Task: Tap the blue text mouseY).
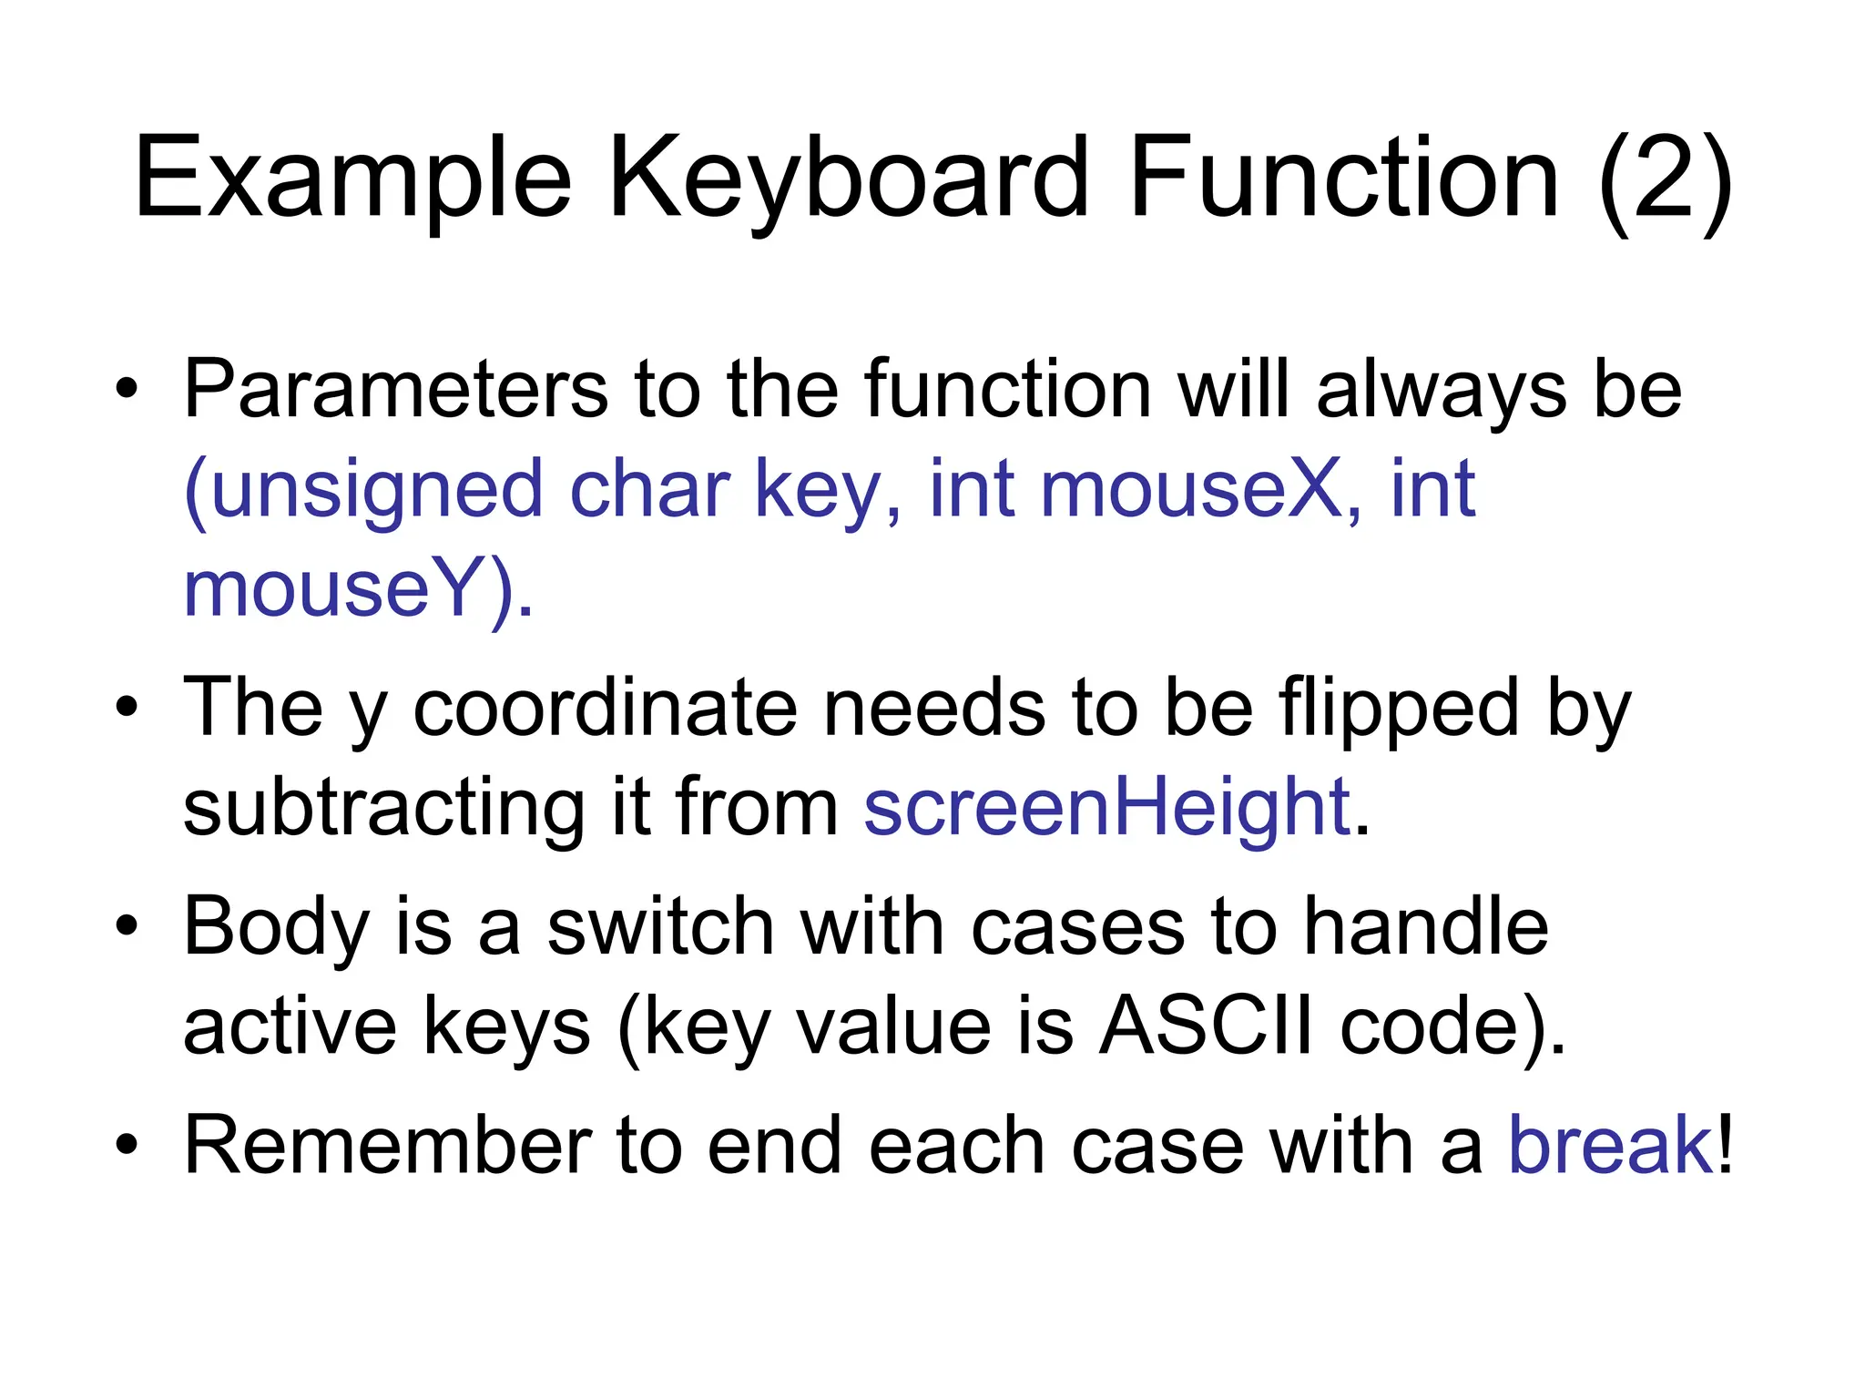358,590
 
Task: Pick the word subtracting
383,808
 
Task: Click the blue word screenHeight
1106,808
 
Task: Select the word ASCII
1206,1026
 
